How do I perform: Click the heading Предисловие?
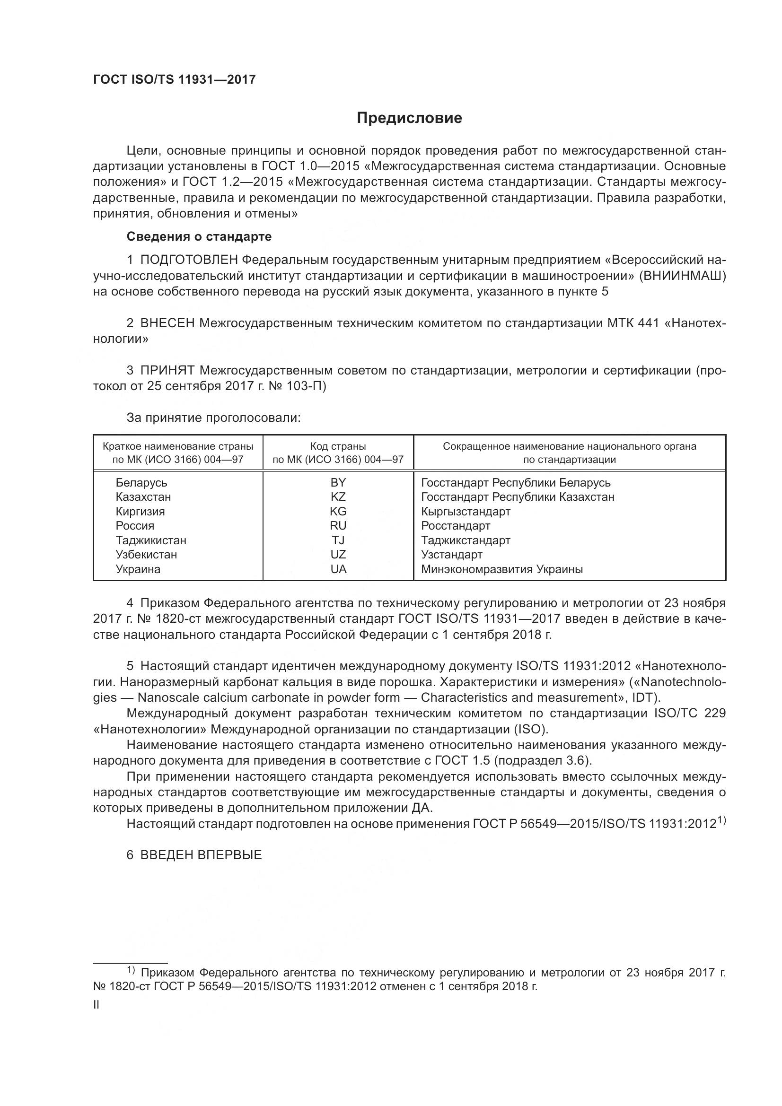point(409,118)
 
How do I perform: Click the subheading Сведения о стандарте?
point(199,236)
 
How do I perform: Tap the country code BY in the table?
point(338,483)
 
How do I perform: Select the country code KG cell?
point(338,512)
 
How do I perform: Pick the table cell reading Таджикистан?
point(151,540)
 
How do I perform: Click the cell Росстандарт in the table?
point(455,526)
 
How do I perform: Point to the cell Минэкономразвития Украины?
point(501,569)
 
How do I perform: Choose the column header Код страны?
point(338,446)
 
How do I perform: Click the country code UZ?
point(338,555)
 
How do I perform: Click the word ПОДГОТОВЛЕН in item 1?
point(189,260)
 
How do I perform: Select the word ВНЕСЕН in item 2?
point(167,323)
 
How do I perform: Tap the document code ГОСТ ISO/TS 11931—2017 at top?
point(175,80)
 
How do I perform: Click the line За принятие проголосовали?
point(213,418)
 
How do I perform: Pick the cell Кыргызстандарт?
point(466,512)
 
